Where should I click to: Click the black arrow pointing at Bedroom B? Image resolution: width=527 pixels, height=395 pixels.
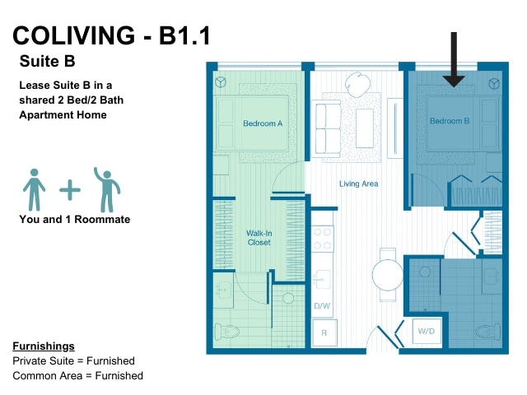pos(454,59)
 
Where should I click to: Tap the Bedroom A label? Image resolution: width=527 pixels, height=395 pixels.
pos(263,123)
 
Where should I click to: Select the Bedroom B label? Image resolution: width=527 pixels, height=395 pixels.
pos(450,121)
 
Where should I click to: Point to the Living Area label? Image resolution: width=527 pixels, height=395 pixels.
pos(359,184)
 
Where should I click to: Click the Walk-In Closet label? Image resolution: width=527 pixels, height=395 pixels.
pos(259,238)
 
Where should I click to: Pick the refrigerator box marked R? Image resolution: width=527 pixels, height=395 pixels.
pos(324,332)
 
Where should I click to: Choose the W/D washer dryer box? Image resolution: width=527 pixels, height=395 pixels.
pos(427,331)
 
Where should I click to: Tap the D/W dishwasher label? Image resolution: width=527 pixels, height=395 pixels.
pos(322,306)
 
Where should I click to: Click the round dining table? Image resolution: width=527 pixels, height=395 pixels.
pos(387,275)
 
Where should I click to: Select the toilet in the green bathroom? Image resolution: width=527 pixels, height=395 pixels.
pos(227,332)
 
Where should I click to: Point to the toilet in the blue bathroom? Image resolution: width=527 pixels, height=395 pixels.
pos(487,332)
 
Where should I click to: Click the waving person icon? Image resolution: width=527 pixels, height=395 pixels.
pos(107,190)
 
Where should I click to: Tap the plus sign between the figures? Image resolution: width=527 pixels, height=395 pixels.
pos(70,190)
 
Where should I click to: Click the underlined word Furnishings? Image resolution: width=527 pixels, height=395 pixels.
pos(44,346)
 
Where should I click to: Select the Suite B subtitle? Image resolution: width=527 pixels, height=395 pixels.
pos(48,61)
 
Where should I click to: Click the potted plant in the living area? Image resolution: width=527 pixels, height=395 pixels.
pos(357,84)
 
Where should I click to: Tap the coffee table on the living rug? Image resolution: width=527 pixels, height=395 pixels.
pos(365,128)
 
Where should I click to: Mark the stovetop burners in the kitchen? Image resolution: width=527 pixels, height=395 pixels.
pos(322,239)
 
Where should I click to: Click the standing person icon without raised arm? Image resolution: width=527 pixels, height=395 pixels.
pos(34,190)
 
